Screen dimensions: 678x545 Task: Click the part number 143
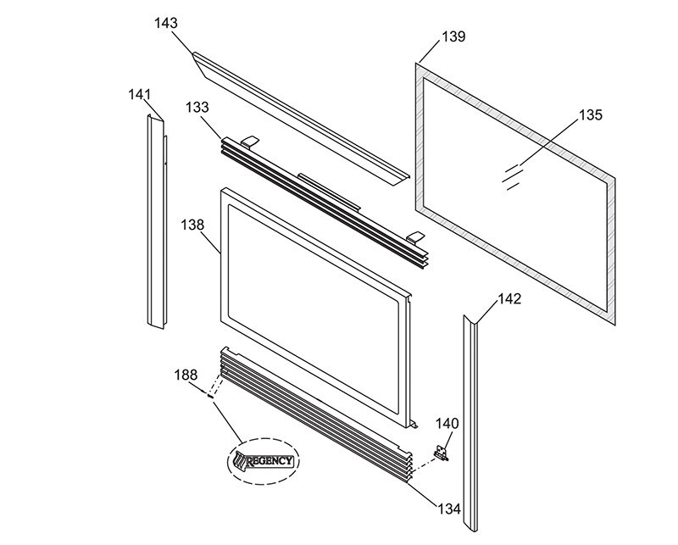coord(166,23)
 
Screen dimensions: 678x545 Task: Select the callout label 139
coord(453,36)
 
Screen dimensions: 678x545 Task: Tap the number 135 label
coord(590,115)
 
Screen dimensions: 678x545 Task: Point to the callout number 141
coord(139,94)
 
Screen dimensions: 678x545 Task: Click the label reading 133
coord(197,108)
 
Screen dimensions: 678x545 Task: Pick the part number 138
coord(192,225)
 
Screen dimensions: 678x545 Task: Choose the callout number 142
coord(510,299)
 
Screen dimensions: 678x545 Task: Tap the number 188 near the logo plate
coord(186,375)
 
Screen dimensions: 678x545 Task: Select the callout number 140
coord(447,424)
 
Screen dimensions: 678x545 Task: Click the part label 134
coord(449,509)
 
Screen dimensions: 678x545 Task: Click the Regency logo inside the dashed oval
coord(264,461)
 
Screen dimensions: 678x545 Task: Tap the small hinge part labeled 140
coord(441,453)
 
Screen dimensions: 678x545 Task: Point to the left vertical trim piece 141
coord(156,220)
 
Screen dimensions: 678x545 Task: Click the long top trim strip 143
coord(301,119)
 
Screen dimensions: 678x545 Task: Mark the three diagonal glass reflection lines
coord(513,176)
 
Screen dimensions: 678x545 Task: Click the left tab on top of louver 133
coord(249,141)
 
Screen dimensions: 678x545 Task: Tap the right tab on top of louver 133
coord(415,236)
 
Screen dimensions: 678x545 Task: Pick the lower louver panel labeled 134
coord(315,414)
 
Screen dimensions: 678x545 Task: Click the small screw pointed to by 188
coord(210,394)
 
